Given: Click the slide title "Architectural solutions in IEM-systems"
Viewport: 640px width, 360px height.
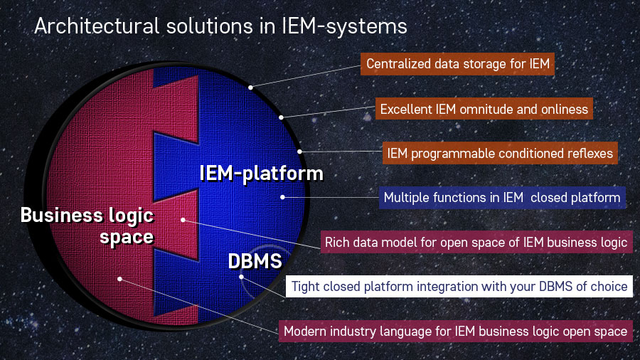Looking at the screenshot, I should click(x=220, y=26).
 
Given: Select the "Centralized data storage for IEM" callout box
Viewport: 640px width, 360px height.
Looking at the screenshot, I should click(x=459, y=64).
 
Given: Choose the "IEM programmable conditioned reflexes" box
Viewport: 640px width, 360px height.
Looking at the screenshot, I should click(x=498, y=152).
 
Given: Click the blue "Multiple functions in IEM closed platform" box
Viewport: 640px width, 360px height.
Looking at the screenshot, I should click(x=502, y=197).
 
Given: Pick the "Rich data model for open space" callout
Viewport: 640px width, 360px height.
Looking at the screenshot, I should click(x=476, y=242).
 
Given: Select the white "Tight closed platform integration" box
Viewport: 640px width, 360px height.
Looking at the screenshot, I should click(x=459, y=287).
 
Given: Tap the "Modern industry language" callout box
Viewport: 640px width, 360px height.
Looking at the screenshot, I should click(x=455, y=331).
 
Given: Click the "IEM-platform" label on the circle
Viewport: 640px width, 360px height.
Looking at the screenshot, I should click(x=260, y=173).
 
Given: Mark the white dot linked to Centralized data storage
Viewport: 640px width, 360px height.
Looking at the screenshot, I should click(x=250, y=88).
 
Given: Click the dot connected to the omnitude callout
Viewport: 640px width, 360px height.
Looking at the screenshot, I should click(x=282, y=117).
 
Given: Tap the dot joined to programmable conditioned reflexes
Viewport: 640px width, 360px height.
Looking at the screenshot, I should click(x=300, y=151).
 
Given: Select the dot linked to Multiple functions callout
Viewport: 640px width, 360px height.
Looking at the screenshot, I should click(x=282, y=197).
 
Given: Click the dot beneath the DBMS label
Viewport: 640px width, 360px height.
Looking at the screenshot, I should click(x=242, y=277).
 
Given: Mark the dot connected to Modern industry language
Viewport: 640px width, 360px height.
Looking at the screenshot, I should click(x=119, y=279).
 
